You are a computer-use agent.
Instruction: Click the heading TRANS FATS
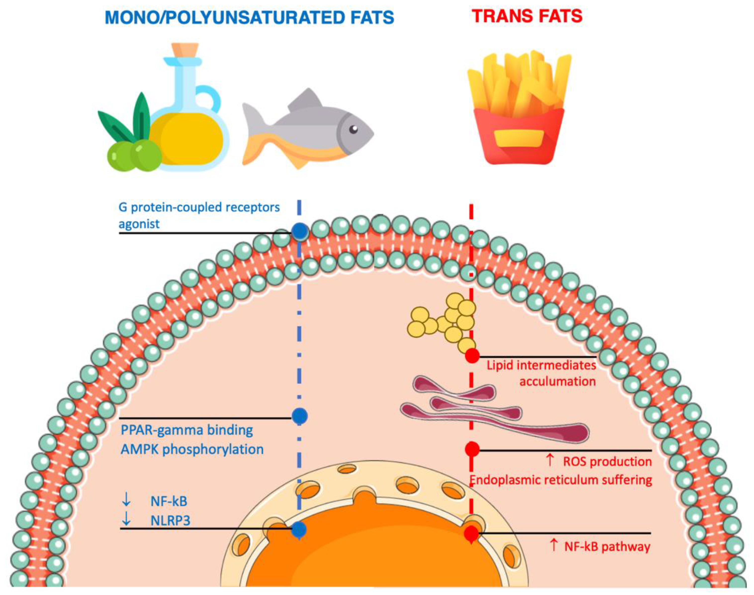point(527,16)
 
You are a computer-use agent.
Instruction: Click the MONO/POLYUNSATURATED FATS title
point(249,17)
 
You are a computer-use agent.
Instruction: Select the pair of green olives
point(134,156)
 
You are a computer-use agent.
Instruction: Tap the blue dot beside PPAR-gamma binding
point(300,416)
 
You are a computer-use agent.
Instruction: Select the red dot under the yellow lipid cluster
point(472,356)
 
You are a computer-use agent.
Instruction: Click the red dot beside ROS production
point(472,449)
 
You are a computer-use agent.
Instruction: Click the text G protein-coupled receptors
point(199,207)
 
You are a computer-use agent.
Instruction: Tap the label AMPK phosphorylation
point(192,449)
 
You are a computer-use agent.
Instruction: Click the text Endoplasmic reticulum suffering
point(561,480)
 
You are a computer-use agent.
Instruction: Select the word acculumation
point(557,381)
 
